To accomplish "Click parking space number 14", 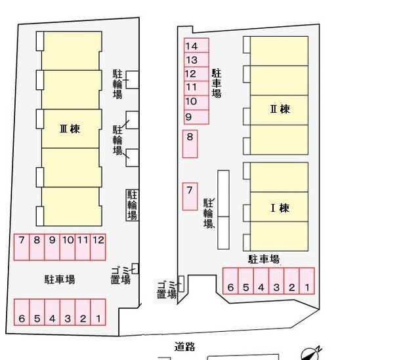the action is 196,45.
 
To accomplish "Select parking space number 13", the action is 196,60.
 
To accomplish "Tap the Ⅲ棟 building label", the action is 70,129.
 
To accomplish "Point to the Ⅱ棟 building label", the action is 280,109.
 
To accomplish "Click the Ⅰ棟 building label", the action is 280,208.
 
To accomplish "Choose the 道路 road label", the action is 184,347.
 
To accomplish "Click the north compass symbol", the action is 310,354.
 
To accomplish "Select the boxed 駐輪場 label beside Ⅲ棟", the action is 132,205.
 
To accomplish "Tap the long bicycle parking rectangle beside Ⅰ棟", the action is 223,210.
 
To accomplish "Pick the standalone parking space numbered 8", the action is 190,144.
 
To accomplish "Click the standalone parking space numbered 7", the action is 190,197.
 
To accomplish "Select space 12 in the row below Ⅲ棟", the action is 98,247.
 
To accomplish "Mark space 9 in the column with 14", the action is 196,117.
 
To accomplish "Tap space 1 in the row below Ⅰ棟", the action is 306,281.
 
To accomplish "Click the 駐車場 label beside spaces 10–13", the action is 217,83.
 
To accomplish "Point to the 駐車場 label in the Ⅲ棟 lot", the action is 60,279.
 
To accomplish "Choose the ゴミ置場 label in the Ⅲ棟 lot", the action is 121,275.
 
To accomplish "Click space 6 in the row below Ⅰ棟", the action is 230,281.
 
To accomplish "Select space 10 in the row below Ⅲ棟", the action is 68,247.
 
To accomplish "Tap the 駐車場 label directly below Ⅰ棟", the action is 264,259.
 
